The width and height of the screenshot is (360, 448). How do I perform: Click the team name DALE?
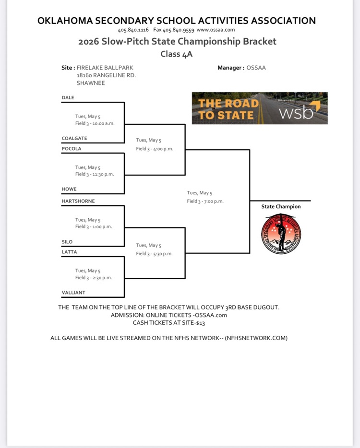68,97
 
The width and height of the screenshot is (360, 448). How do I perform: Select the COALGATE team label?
74,138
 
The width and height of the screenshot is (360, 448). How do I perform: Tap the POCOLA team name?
72,149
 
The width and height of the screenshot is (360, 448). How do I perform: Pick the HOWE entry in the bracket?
69,189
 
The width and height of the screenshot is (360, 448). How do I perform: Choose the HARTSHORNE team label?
78,201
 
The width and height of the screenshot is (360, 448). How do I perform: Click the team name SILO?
67,242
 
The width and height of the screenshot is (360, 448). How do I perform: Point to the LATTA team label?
69,252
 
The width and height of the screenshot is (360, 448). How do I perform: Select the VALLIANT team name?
73,293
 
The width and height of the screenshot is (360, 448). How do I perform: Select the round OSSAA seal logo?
281,234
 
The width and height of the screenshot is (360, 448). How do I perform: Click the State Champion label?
281,207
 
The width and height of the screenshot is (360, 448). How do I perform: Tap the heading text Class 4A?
177,54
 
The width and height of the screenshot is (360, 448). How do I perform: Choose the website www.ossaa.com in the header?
216,30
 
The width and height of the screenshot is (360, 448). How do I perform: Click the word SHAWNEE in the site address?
91,83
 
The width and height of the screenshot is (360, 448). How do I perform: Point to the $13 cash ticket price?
201,323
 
